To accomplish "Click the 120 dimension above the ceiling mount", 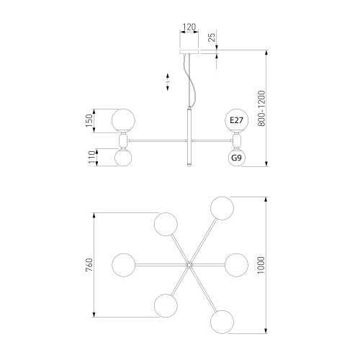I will pos(189,28).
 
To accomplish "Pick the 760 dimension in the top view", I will pos(89,266).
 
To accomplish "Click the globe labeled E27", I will pos(236,120).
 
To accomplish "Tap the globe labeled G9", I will pos(236,157).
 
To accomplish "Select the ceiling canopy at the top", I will pos(189,51).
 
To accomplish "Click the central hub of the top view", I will pos(189,266).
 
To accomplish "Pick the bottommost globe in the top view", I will pos(221,320).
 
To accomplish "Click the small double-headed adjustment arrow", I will pos(167,81).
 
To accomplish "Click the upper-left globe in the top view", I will pos(166,225).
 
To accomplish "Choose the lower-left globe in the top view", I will pos(166,306).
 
